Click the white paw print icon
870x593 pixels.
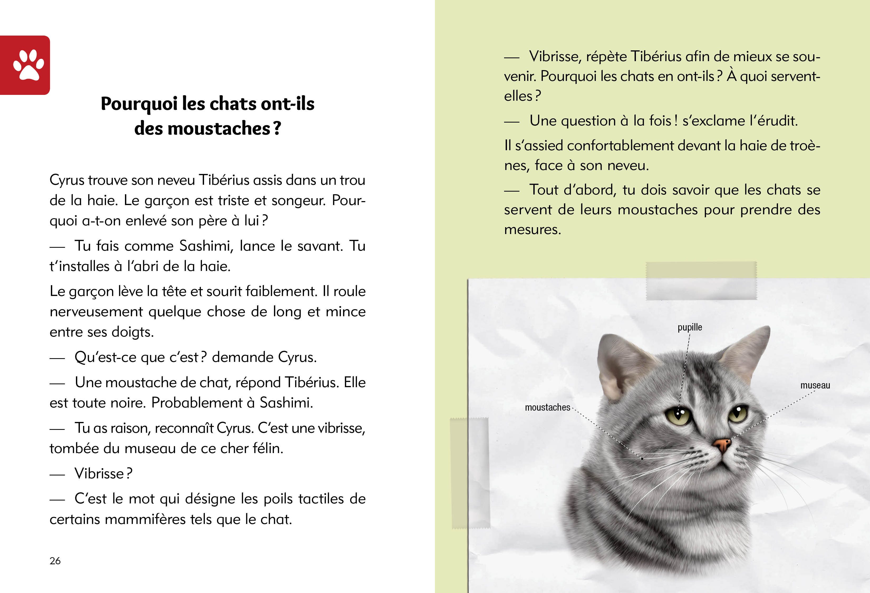click(28, 65)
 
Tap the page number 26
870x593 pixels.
click(55, 560)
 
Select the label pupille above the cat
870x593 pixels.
click(690, 327)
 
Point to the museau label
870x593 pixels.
click(815, 385)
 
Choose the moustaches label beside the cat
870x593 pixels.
click(547, 407)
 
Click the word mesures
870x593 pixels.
click(532, 229)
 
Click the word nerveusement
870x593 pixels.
click(96, 312)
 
